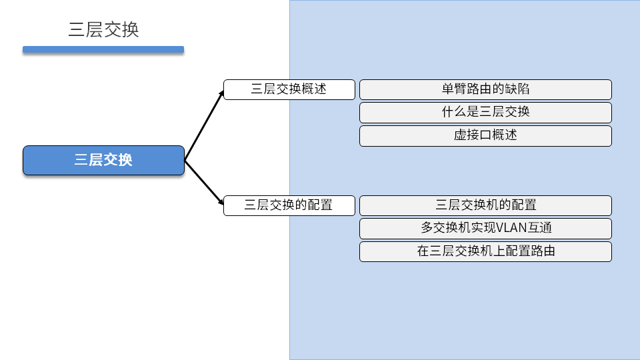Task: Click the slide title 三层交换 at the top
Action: pos(103,30)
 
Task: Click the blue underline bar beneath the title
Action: pos(103,49)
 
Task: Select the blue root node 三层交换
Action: pos(103,161)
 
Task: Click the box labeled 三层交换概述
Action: pos(289,89)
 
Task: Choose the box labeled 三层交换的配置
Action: pos(289,205)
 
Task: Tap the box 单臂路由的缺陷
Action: pos(485,89)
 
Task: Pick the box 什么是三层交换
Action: pos(485,112)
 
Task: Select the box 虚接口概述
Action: pos(485,135)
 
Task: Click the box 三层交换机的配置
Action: pos(485,205)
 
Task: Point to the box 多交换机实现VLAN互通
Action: pos(485,228)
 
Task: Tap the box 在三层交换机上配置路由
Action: pos(485,251)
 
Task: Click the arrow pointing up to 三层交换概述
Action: pos(204,125)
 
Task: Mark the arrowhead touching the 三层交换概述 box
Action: pos(222,93)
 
